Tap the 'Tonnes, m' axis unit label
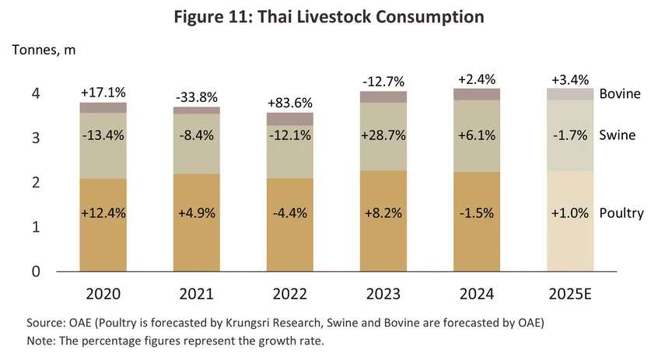(44, 50)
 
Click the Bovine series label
(620, 93)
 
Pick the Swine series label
(618, 135)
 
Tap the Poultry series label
(621, 213)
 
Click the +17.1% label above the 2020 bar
(103, 93)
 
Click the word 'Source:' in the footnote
(44, 323)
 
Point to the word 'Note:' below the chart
(40, 340)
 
